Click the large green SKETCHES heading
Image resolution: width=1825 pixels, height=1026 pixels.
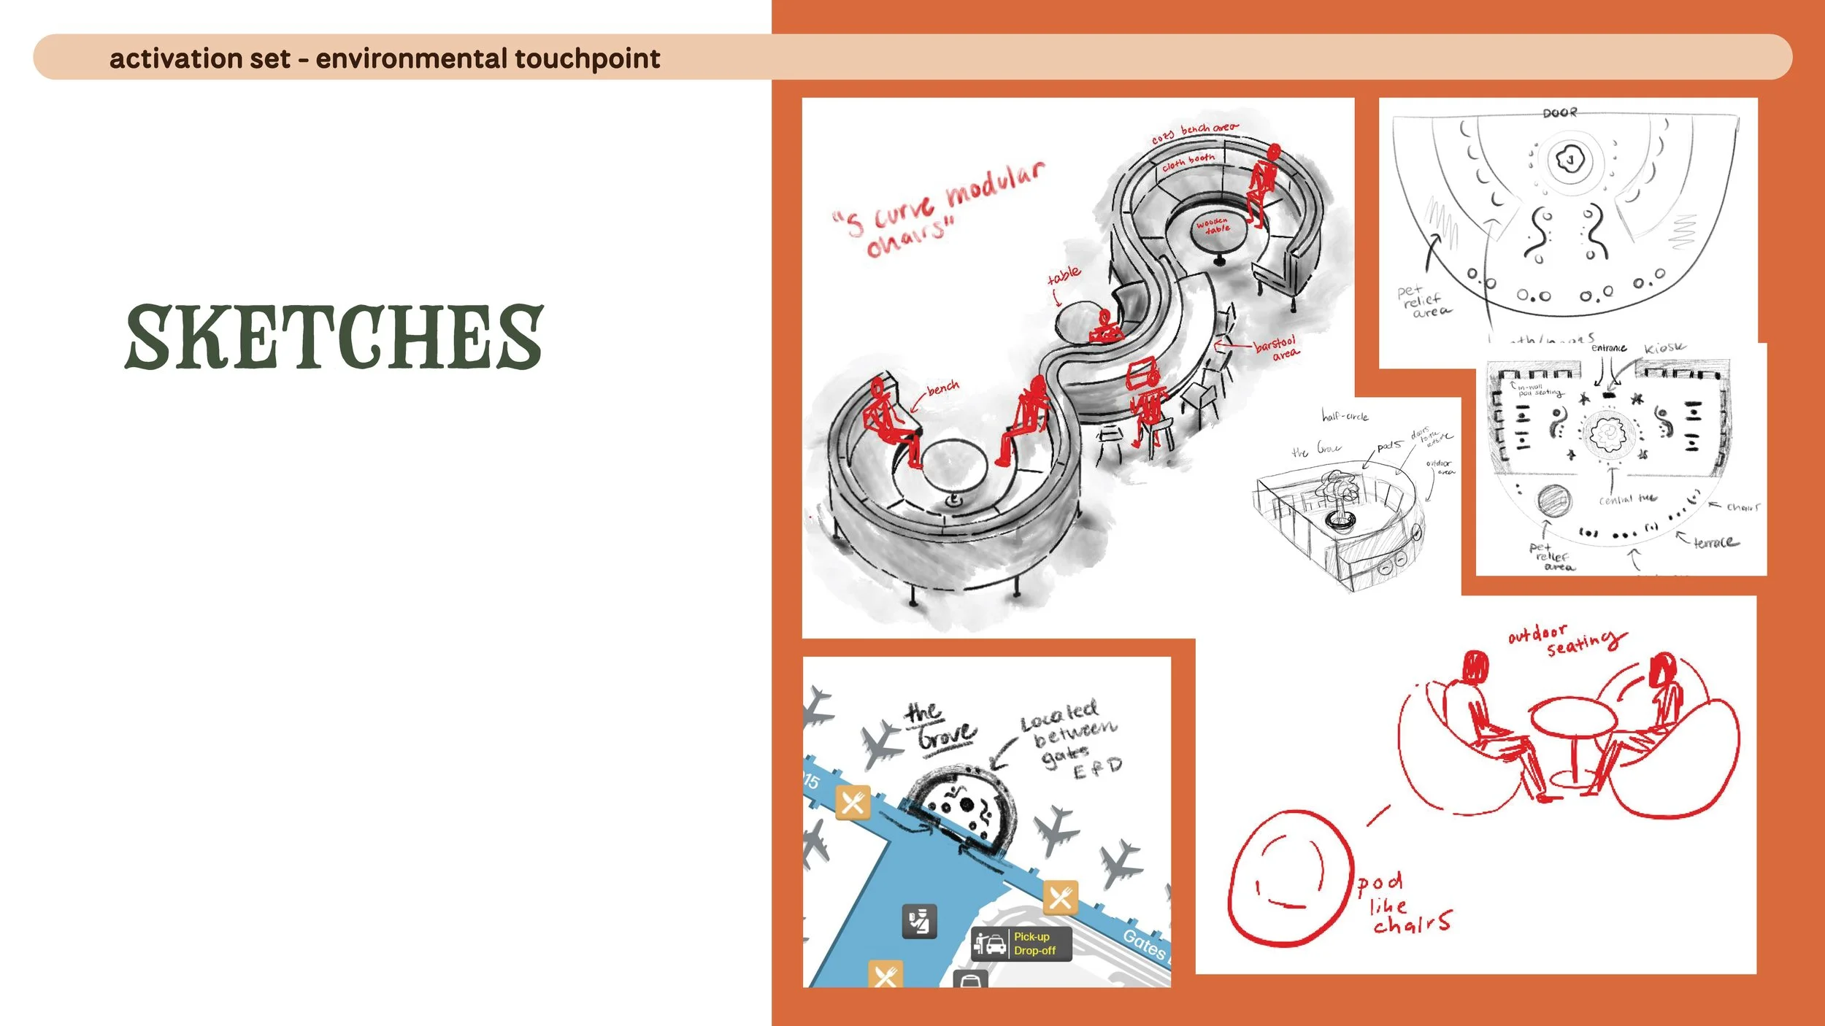pyautogui.click(x=334, y=337)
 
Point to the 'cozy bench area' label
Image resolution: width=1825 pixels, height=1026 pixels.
pyautogui.click(x=1194, y=133)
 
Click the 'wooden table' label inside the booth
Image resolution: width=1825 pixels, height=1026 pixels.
pyautogui.click(x=1213, y=225)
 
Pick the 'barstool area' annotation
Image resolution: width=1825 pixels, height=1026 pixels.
pyautogui.click(x=1276, y=347)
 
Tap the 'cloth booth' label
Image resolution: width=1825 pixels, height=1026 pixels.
pyautogui.click(x=1188, y=161)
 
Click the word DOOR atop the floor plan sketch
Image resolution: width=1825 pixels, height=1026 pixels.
pyautogui.click(x=1559, y=113)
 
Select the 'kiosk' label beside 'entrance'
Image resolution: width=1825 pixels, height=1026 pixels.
pyautogui.click(x=1664, y=348)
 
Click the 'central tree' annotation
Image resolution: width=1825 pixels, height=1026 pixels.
pyautogui.click(x=1626, y=500)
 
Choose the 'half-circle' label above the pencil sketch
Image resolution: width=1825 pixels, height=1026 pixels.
pyautogui.click(x=1345, y=416)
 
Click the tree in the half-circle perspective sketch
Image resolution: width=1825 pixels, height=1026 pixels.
pyautogui.click(x=1338, y=496)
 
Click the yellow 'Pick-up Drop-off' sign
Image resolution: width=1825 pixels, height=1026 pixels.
pyautogui.click(x=1034, y=944)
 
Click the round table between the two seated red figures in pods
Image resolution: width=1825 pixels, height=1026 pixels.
pyautogui.click(x=1572, y=718)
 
